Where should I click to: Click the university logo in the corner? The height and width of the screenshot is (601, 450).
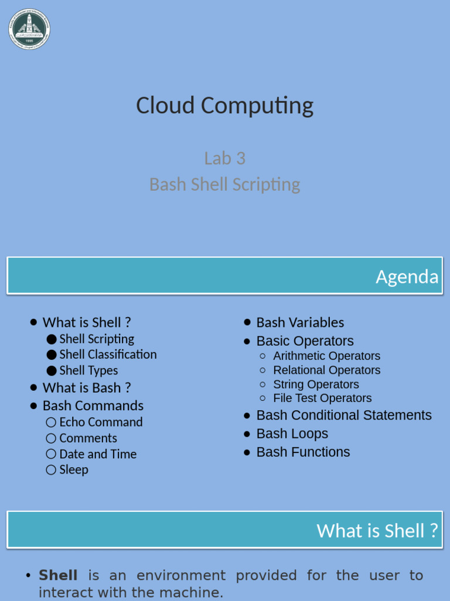click(29, 29)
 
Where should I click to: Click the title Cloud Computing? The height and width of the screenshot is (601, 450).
click(225, 106)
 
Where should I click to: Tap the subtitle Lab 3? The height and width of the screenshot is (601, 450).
click(225, 158)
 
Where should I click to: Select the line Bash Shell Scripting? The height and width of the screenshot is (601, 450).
click(225, 184)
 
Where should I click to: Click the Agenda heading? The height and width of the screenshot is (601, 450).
click(407, 276)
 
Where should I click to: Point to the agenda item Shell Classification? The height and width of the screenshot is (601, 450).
click(108, 354)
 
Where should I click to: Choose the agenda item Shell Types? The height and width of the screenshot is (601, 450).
click(88, 370)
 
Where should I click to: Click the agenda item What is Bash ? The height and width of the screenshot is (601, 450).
click(87, 388)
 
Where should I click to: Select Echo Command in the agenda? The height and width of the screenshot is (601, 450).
click(101, 422)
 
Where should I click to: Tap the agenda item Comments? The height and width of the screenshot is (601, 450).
click(88, 438)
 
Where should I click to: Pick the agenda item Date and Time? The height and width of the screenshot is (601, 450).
click(98, 454)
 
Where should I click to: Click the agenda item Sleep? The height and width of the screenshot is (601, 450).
click(74, 470)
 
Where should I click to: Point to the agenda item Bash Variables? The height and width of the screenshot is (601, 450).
click(300, 323)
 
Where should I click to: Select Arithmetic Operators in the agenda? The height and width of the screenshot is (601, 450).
click(326, 356)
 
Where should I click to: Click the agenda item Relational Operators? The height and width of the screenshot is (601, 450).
click(326, 370)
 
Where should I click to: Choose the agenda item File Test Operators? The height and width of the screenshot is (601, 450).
click(322, 398)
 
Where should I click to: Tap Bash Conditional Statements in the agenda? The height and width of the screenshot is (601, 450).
click(344, 416)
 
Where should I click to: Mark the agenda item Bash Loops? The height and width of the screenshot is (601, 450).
click(292, 434)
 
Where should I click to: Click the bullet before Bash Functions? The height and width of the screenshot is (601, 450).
click(247, 452)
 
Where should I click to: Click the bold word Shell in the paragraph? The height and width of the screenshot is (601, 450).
click(58, 576)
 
